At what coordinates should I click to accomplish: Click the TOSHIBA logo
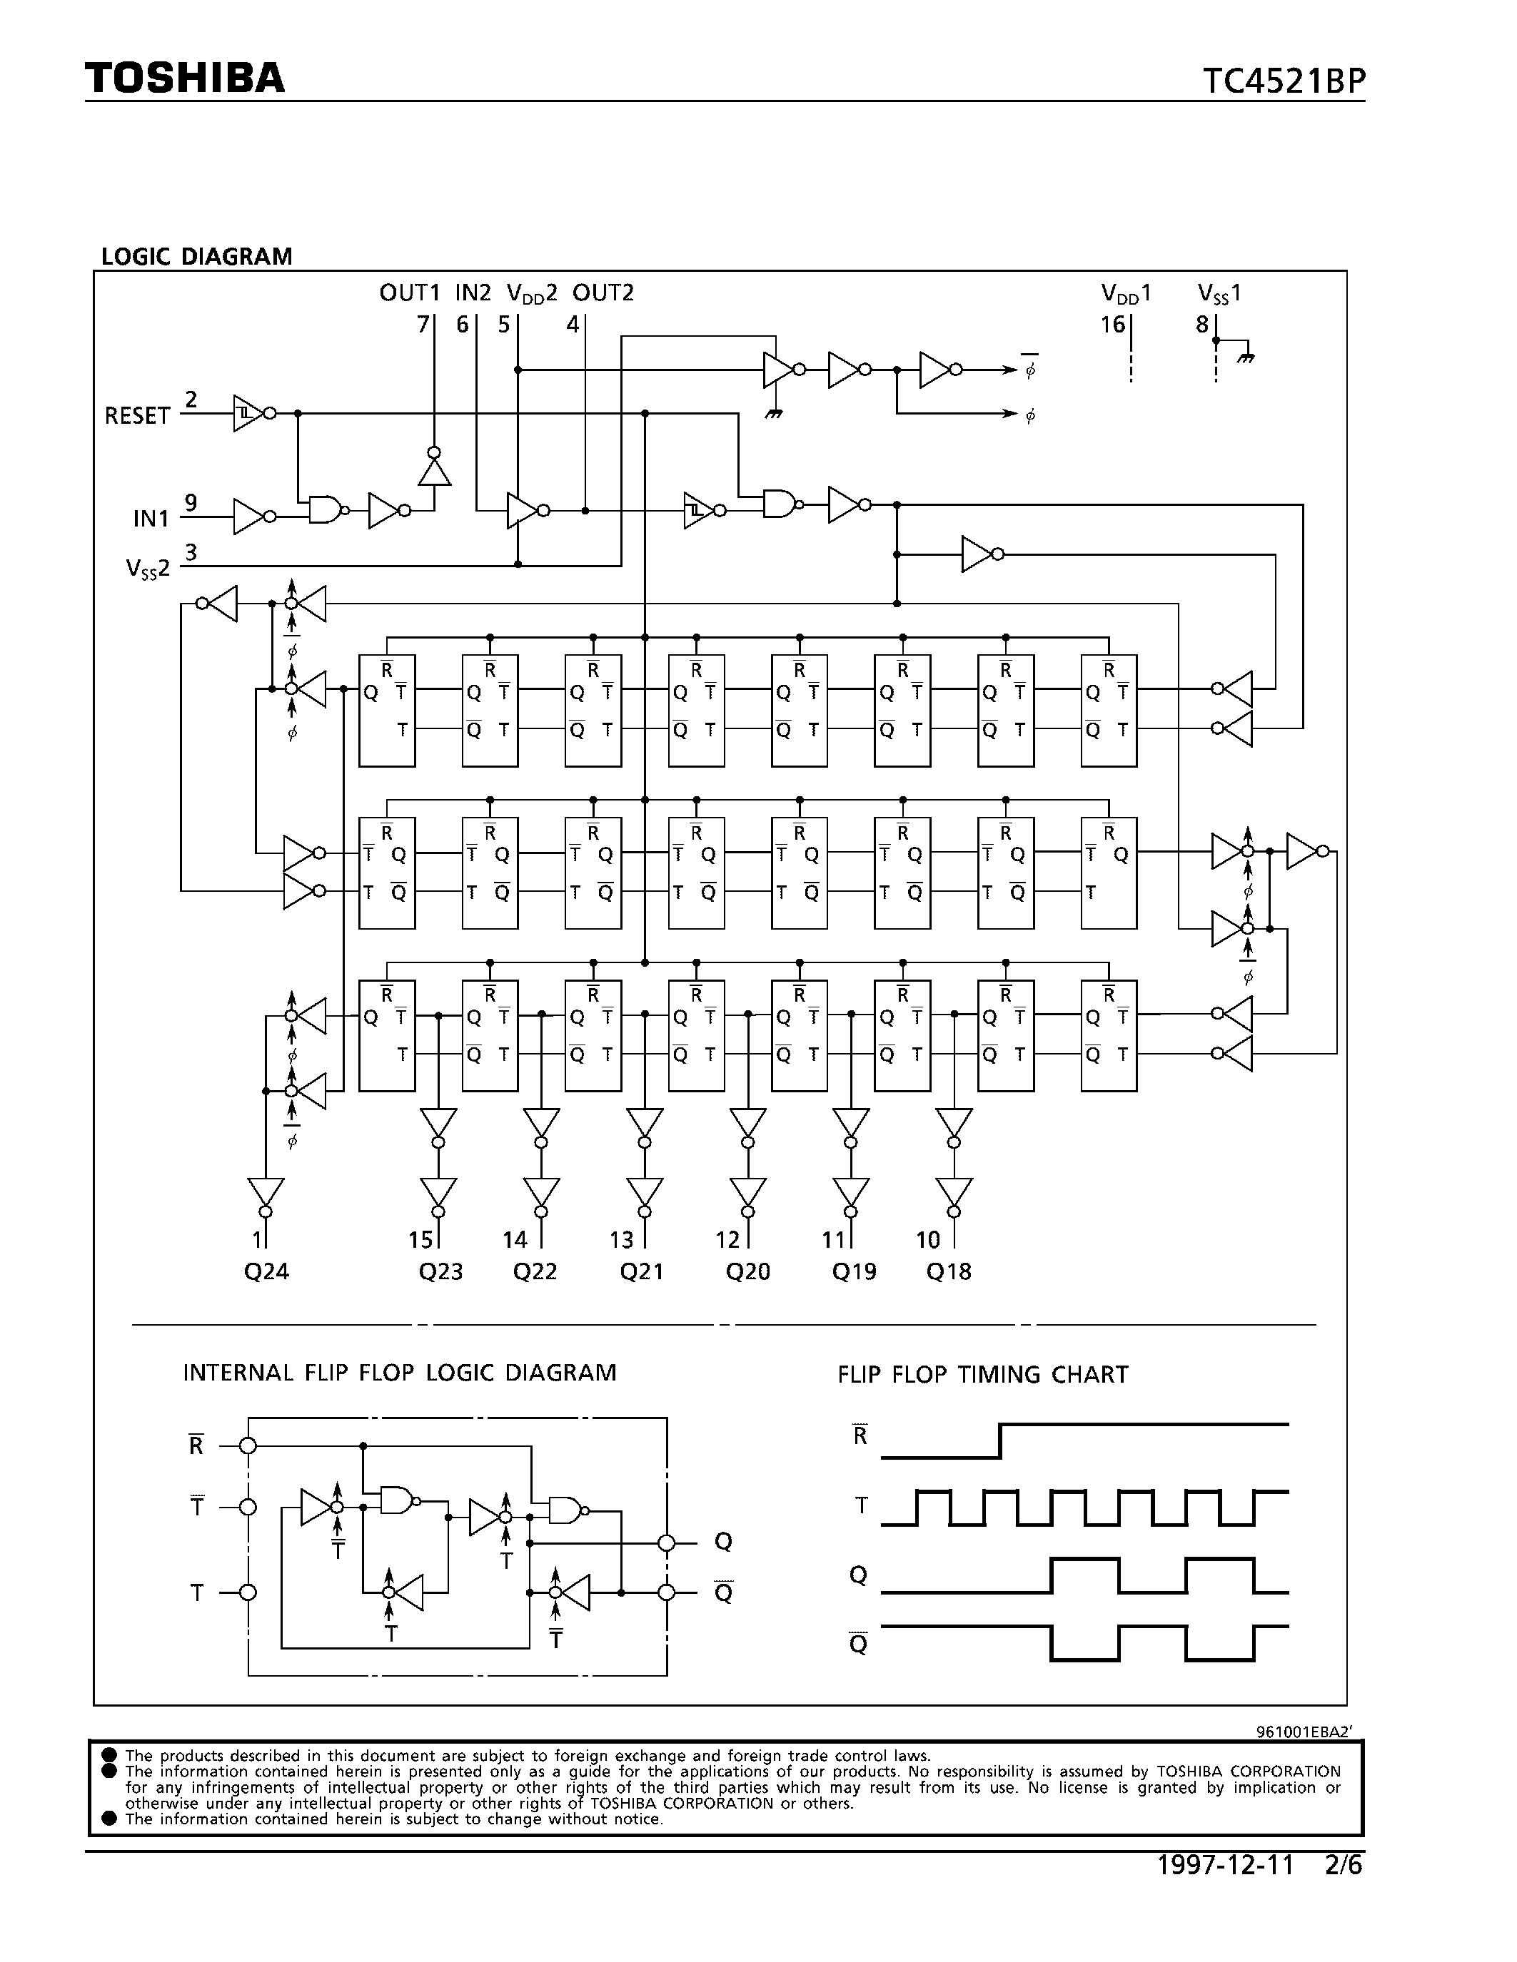pos(185,78)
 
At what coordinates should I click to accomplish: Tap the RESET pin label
pos(136,416)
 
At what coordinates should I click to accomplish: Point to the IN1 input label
pos(150,519)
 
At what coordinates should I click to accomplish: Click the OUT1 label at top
pos(410,293)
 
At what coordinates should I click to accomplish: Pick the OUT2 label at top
pos(603,293)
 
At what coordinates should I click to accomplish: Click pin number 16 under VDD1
pos(1113,325)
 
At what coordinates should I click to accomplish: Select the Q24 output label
pos(266,1271)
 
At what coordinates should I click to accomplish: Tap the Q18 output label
pos(949,1271)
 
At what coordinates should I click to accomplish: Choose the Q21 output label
pos(642,1271)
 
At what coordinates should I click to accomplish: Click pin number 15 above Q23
pos(420,1240)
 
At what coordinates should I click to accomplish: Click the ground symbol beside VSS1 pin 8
pos(1245,357)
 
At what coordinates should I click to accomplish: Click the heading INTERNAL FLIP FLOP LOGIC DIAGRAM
pos(400,1373)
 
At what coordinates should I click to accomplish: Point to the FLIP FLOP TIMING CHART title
pos(982,1375)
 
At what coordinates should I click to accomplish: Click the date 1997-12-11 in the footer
pos(1224,1866)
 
